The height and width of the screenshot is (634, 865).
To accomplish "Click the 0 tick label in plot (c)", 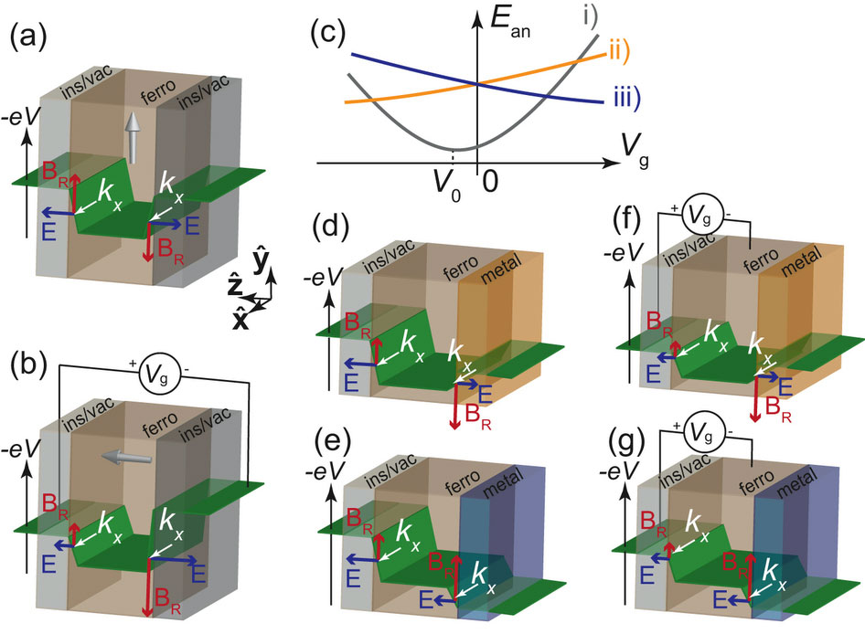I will pyautogui.click(x=489, y=179).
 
